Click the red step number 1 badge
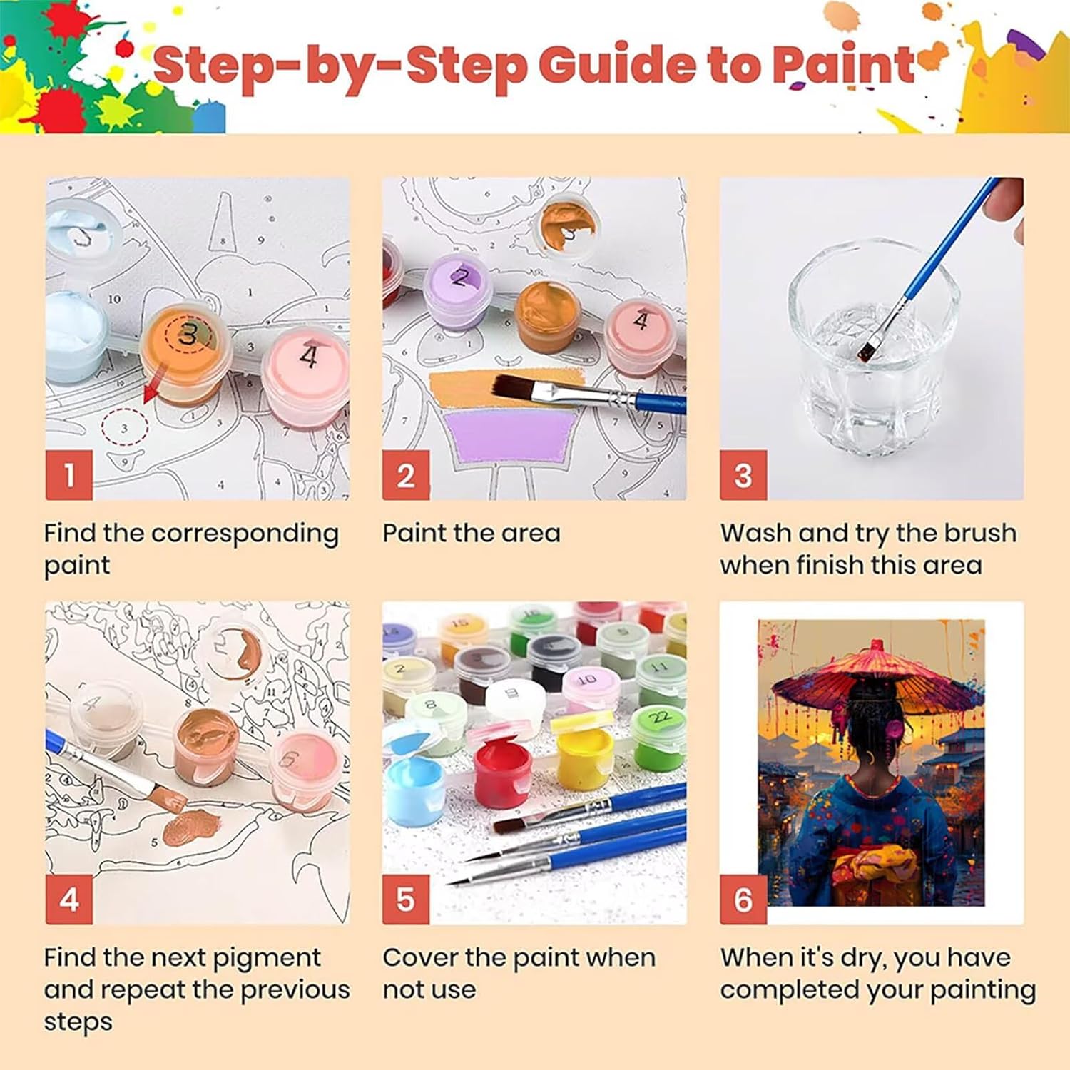[x=69, y=474]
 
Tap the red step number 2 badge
[x=406, y=474]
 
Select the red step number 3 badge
[x=743, y=474]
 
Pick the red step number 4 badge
[x=69, y=899]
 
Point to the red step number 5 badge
[x=406, y=899]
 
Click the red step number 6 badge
[x=743, y=899]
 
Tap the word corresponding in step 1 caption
[x=245, y=534]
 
